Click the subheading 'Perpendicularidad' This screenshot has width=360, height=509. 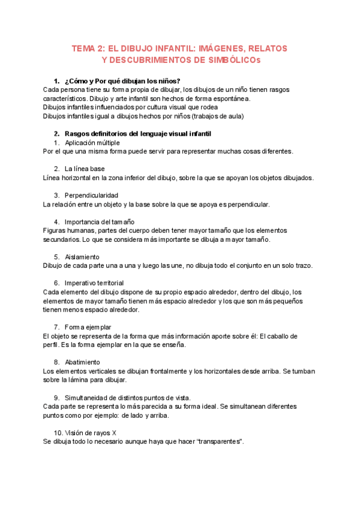click(91, 195)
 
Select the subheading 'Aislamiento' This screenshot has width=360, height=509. click(82, 256)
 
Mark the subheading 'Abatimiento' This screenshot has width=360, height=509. click(82, 362)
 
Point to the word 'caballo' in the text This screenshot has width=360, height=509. click(273, 336)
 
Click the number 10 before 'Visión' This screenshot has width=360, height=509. click(58, 432)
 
